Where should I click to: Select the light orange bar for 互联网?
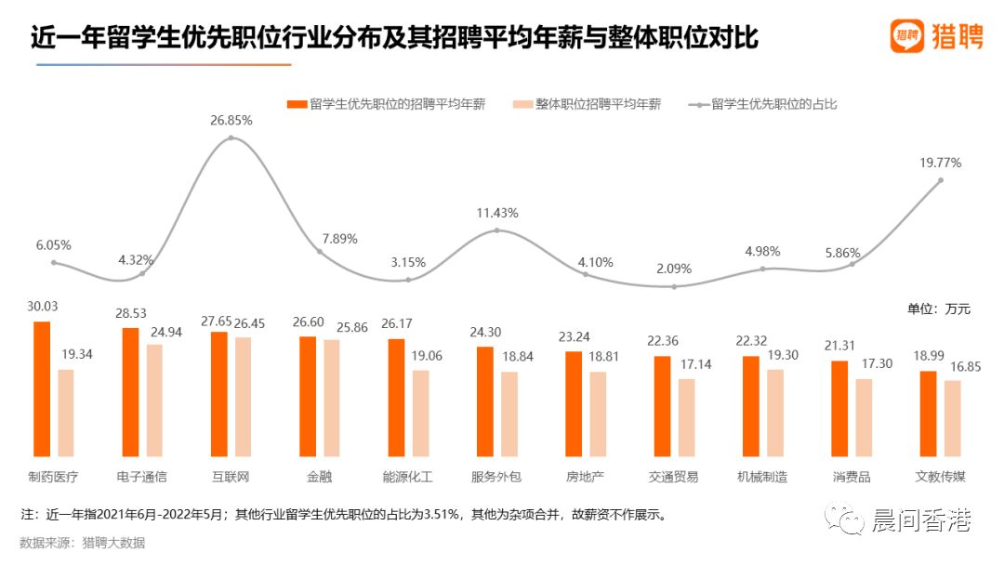pyautogui.click(x=244, y=397)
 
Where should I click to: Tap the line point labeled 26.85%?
pyautogui.click(x=231, y=138)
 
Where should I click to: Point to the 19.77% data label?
pyautogui.click(x=940, y=163)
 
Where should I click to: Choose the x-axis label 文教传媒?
pyautogui.click(x=940, y=477)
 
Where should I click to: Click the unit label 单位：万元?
pyautogui.click(x=939, y=309)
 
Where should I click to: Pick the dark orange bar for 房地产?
pyautogui.click(x=574, y=404)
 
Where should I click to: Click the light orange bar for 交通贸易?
pyautogui.click(x=686, y=417)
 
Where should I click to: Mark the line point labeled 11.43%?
pyautogui.click(x=496, y=230)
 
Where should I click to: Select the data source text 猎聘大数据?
pyautogui.click(x=112, y=543)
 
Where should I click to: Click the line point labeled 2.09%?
pyautogui.click(x=674, y=286)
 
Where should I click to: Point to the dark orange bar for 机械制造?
pyautogui.click(x=751, y=406)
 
